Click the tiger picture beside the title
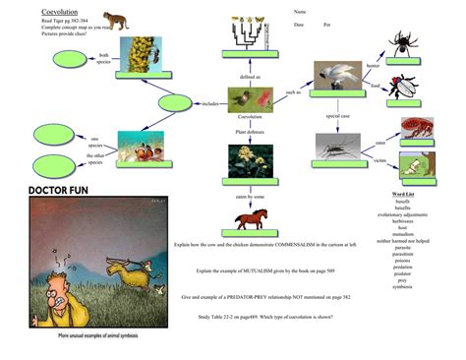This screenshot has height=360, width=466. point(116,19)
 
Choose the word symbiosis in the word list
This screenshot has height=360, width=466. point(402,286)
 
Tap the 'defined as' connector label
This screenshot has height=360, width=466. point(251,76)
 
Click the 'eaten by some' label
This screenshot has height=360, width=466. point(250,197)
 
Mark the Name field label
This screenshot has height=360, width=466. point(300,12)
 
